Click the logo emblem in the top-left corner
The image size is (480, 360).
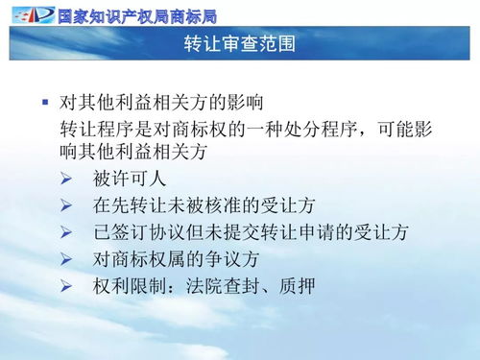coord(29,13)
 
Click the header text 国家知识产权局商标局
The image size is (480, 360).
coord(136,14)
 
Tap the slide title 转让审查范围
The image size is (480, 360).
coord(240,45)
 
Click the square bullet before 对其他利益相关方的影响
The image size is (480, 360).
coord(44,101)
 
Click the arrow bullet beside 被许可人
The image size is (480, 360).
coord(66,178)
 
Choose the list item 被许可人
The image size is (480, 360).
coord(131,178)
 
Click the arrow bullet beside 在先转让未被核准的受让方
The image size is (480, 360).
coord(66,204)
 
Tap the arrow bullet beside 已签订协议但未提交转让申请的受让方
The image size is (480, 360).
coord(66,231)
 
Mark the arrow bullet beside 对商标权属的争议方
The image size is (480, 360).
coord(66,258)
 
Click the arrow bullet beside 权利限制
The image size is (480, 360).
coord(66,285)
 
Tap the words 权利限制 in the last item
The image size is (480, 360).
coord(131,285)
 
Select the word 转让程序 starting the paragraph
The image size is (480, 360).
coord(96,129)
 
